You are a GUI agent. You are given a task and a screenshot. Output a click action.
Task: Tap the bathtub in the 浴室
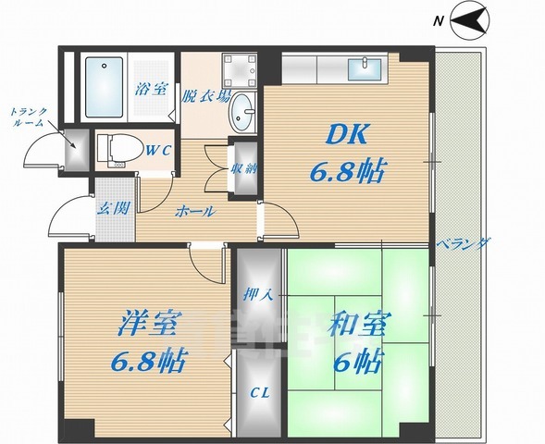[x=105, y=87]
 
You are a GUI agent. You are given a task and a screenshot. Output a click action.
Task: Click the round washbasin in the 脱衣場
[x=243, y=114]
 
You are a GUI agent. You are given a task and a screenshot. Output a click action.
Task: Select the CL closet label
[x=261, y=393]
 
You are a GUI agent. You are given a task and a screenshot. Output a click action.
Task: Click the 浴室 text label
[x=149, y=90]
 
